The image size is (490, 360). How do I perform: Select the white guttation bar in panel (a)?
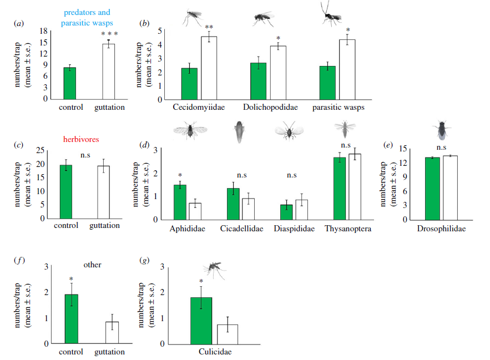pyautogui.click(x=109, y=72)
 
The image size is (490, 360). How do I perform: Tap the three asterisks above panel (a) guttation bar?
pyautogui.click(x=109, y=34)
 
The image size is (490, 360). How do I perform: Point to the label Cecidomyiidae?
pyautogui.click(x=198, y=108)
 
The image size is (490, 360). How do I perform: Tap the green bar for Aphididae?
pyautogui.click(x=180, y=202)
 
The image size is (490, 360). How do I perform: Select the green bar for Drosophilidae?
pyautogui.click(x=432, y=189)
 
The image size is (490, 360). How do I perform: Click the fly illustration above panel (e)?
pyautogui.click(x=441, y=130)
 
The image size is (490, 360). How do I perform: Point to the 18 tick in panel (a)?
pyautogui.click(x=44, y=31)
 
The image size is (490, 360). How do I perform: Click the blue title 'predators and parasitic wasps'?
pyautogui.click(x=88, y=18)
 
